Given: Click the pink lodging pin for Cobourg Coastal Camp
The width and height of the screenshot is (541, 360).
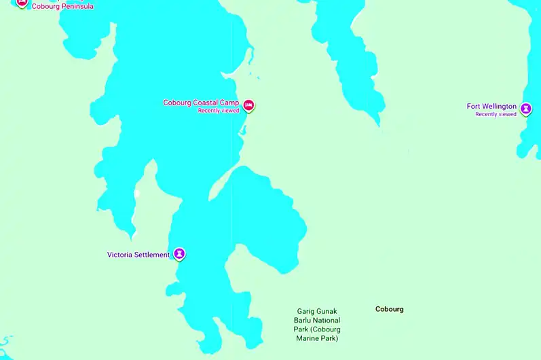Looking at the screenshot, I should coord(248,105).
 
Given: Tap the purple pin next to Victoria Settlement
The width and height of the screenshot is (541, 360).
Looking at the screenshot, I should coord(179,254).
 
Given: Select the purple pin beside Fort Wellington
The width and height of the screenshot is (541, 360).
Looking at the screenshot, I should coord(525,108).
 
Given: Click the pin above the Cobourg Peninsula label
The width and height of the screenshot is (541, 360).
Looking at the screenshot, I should coord(22,2).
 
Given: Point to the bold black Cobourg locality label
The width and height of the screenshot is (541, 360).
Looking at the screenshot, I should coord(389,309).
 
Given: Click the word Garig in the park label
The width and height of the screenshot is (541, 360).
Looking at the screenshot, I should coord(306,311).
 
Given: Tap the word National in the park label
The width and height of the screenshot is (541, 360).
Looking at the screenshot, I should coord(327,320).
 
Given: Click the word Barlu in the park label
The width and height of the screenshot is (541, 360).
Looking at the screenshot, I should coord(303,320).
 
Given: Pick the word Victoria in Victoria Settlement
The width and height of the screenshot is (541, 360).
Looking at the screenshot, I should coord(120,255).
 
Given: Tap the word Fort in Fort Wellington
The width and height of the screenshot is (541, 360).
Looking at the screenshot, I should coord(473,107).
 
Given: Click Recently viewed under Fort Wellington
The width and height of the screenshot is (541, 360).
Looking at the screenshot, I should coord(496,114).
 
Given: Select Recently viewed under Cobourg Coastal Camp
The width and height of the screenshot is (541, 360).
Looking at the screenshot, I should coord(219,110).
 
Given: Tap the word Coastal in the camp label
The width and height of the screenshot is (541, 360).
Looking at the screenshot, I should coord(206,103).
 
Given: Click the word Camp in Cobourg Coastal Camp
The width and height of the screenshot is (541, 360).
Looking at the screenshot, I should coord(229,103).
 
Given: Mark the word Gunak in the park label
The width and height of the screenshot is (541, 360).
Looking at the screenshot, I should coord(327,311).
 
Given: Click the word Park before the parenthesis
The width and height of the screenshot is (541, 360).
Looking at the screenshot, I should coord(301,329).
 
